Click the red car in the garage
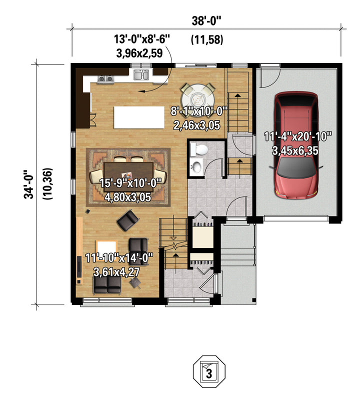pos(296,145)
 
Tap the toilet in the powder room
pos(199,149)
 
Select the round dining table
pos(197,98)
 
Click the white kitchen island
pos(139,117)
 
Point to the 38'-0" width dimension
pos(206,21)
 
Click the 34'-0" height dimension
pos(29,184)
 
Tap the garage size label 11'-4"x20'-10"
pos(297,136)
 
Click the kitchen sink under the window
pos(141,74)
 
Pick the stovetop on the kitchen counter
pos(105,79)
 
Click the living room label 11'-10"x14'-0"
pos(119,257)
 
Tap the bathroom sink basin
pos(197,166)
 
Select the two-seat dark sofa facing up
pos(107,284)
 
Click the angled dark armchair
pos(128,220)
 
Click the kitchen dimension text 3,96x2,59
pos(139,53)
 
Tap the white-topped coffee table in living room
pos(106,248)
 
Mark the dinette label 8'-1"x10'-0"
pos(198,112)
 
